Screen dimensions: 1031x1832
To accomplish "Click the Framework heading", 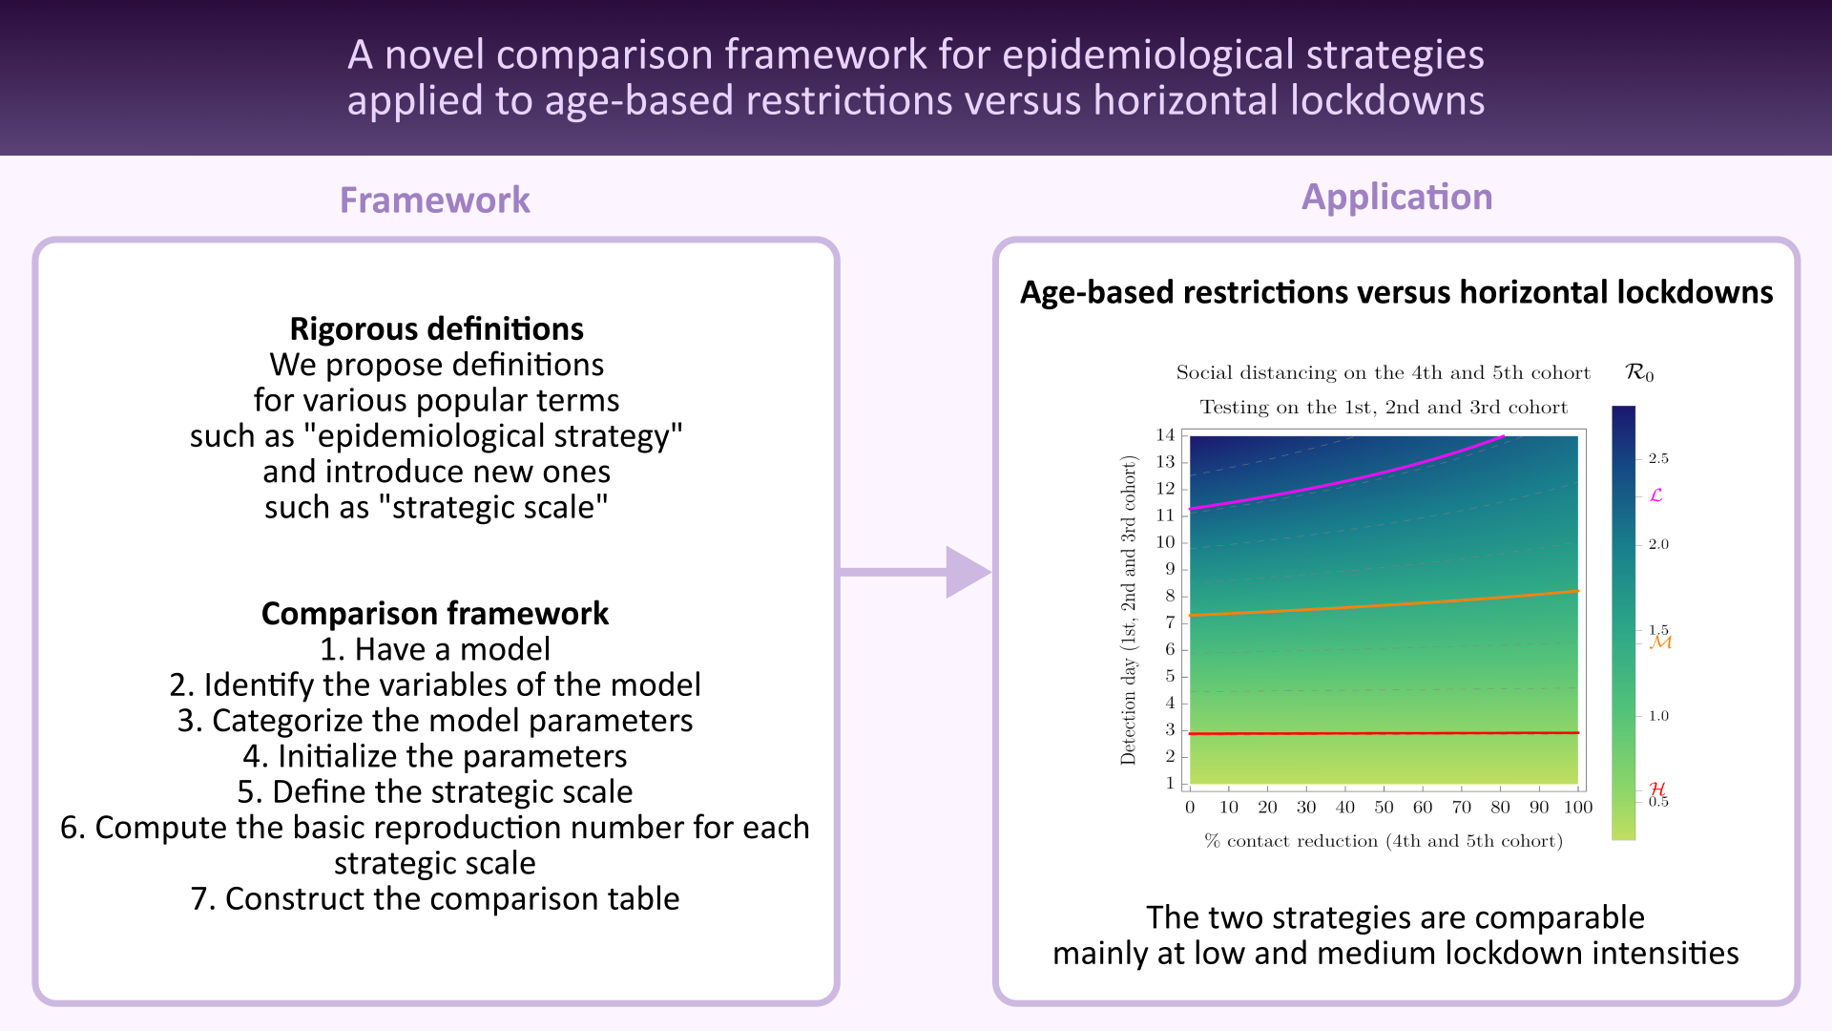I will (x=435, y=200).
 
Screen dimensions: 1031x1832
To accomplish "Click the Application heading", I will (x=1397, y=197).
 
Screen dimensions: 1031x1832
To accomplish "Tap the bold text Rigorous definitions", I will (x=436, y=328).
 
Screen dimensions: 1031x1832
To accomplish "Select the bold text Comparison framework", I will (x=435, y=613).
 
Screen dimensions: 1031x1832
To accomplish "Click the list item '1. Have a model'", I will (x=435, y=649).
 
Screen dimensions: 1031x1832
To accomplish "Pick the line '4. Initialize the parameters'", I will (x=435, y=756).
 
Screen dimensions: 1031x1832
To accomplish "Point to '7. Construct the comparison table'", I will (x=435, y=898).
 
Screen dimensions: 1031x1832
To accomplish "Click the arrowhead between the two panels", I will (x=966, y=573).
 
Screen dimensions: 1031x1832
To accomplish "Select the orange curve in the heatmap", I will (x=1384, y=605).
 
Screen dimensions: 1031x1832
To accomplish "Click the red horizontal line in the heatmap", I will (x=1384, y=733).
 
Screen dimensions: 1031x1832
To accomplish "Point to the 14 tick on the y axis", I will (x=1166, y=435).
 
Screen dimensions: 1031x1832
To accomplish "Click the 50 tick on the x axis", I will (x=1384, y=808).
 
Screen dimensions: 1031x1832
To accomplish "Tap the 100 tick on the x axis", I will (x=1578, y=808).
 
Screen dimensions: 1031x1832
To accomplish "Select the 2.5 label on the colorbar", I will (x=1658, y=459).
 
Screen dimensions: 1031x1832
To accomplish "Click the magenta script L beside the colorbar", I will (x=1656, y=495).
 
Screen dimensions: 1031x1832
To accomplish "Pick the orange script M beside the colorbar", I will (x=1660, y=642).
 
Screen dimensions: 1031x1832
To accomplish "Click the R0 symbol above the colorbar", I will (x=1639, y=373).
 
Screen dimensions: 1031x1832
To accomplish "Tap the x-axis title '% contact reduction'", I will (x=1384, y=841).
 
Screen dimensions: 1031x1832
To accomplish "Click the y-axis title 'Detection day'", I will (x=1129, y=611).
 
